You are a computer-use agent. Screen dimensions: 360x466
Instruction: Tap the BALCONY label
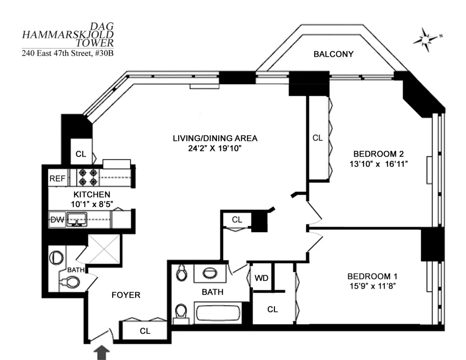click(333, 54)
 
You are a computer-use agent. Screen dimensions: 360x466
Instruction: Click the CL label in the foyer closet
click(145, 331)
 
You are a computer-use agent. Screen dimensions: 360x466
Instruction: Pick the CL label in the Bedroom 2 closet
click(318, 138)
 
